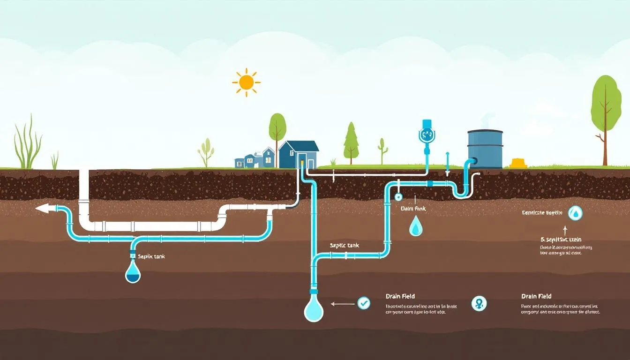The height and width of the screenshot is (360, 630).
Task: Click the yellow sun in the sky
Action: pyautogui.click(x=246, y=82)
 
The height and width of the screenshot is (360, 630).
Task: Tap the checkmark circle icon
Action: pyautogui.click(x=364, y=303)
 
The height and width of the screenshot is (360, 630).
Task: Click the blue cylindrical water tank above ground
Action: pyautogui.click(x=485, y=149)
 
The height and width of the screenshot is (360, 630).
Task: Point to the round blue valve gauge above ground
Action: pyautogui.click(x=427, y=135)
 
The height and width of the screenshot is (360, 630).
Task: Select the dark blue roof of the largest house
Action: pyautogui.click(x=299, y=146)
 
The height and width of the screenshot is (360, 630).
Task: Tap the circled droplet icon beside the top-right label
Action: pyautogui.click(x=575, y=213)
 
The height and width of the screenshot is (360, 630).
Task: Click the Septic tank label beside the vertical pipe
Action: pyautogui.click(x=344, y=246)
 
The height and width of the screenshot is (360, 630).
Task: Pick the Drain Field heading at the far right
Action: pyautogui.click(x=536, y=296)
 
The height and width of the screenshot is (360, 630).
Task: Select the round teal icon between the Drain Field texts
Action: pyautogui.click(x=479, y=303)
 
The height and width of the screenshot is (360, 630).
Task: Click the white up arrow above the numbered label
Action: pyautogui.click(x=565, y=230)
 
